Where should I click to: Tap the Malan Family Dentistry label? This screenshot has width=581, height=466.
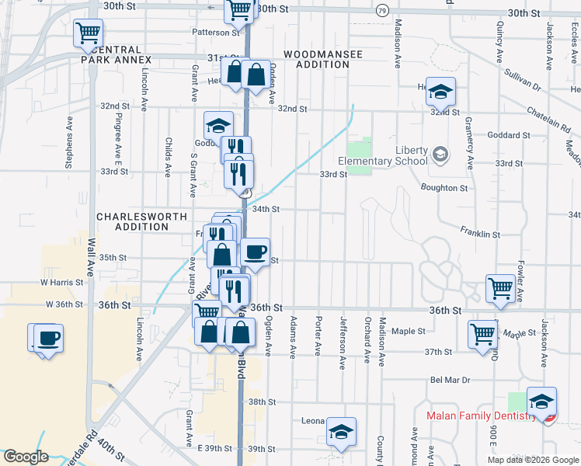[480, 416]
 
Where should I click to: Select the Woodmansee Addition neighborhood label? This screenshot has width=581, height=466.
[315, 59]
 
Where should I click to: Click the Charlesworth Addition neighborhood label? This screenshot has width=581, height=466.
[132, 221]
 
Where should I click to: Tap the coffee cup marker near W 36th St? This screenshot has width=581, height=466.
[48, 339]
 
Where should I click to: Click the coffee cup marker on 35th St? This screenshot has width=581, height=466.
[255, 252]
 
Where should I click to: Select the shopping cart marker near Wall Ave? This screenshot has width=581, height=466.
[89, 33]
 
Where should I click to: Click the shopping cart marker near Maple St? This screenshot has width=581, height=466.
[482, 334]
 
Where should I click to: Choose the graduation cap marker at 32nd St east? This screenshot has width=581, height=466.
[440, 92]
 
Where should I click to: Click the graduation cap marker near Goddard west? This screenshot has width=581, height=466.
[219, 125]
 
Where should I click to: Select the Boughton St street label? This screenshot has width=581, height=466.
[444, 188]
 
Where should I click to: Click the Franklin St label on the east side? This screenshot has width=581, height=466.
[479, 233]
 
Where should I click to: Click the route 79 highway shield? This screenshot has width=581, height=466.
[382, 11]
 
